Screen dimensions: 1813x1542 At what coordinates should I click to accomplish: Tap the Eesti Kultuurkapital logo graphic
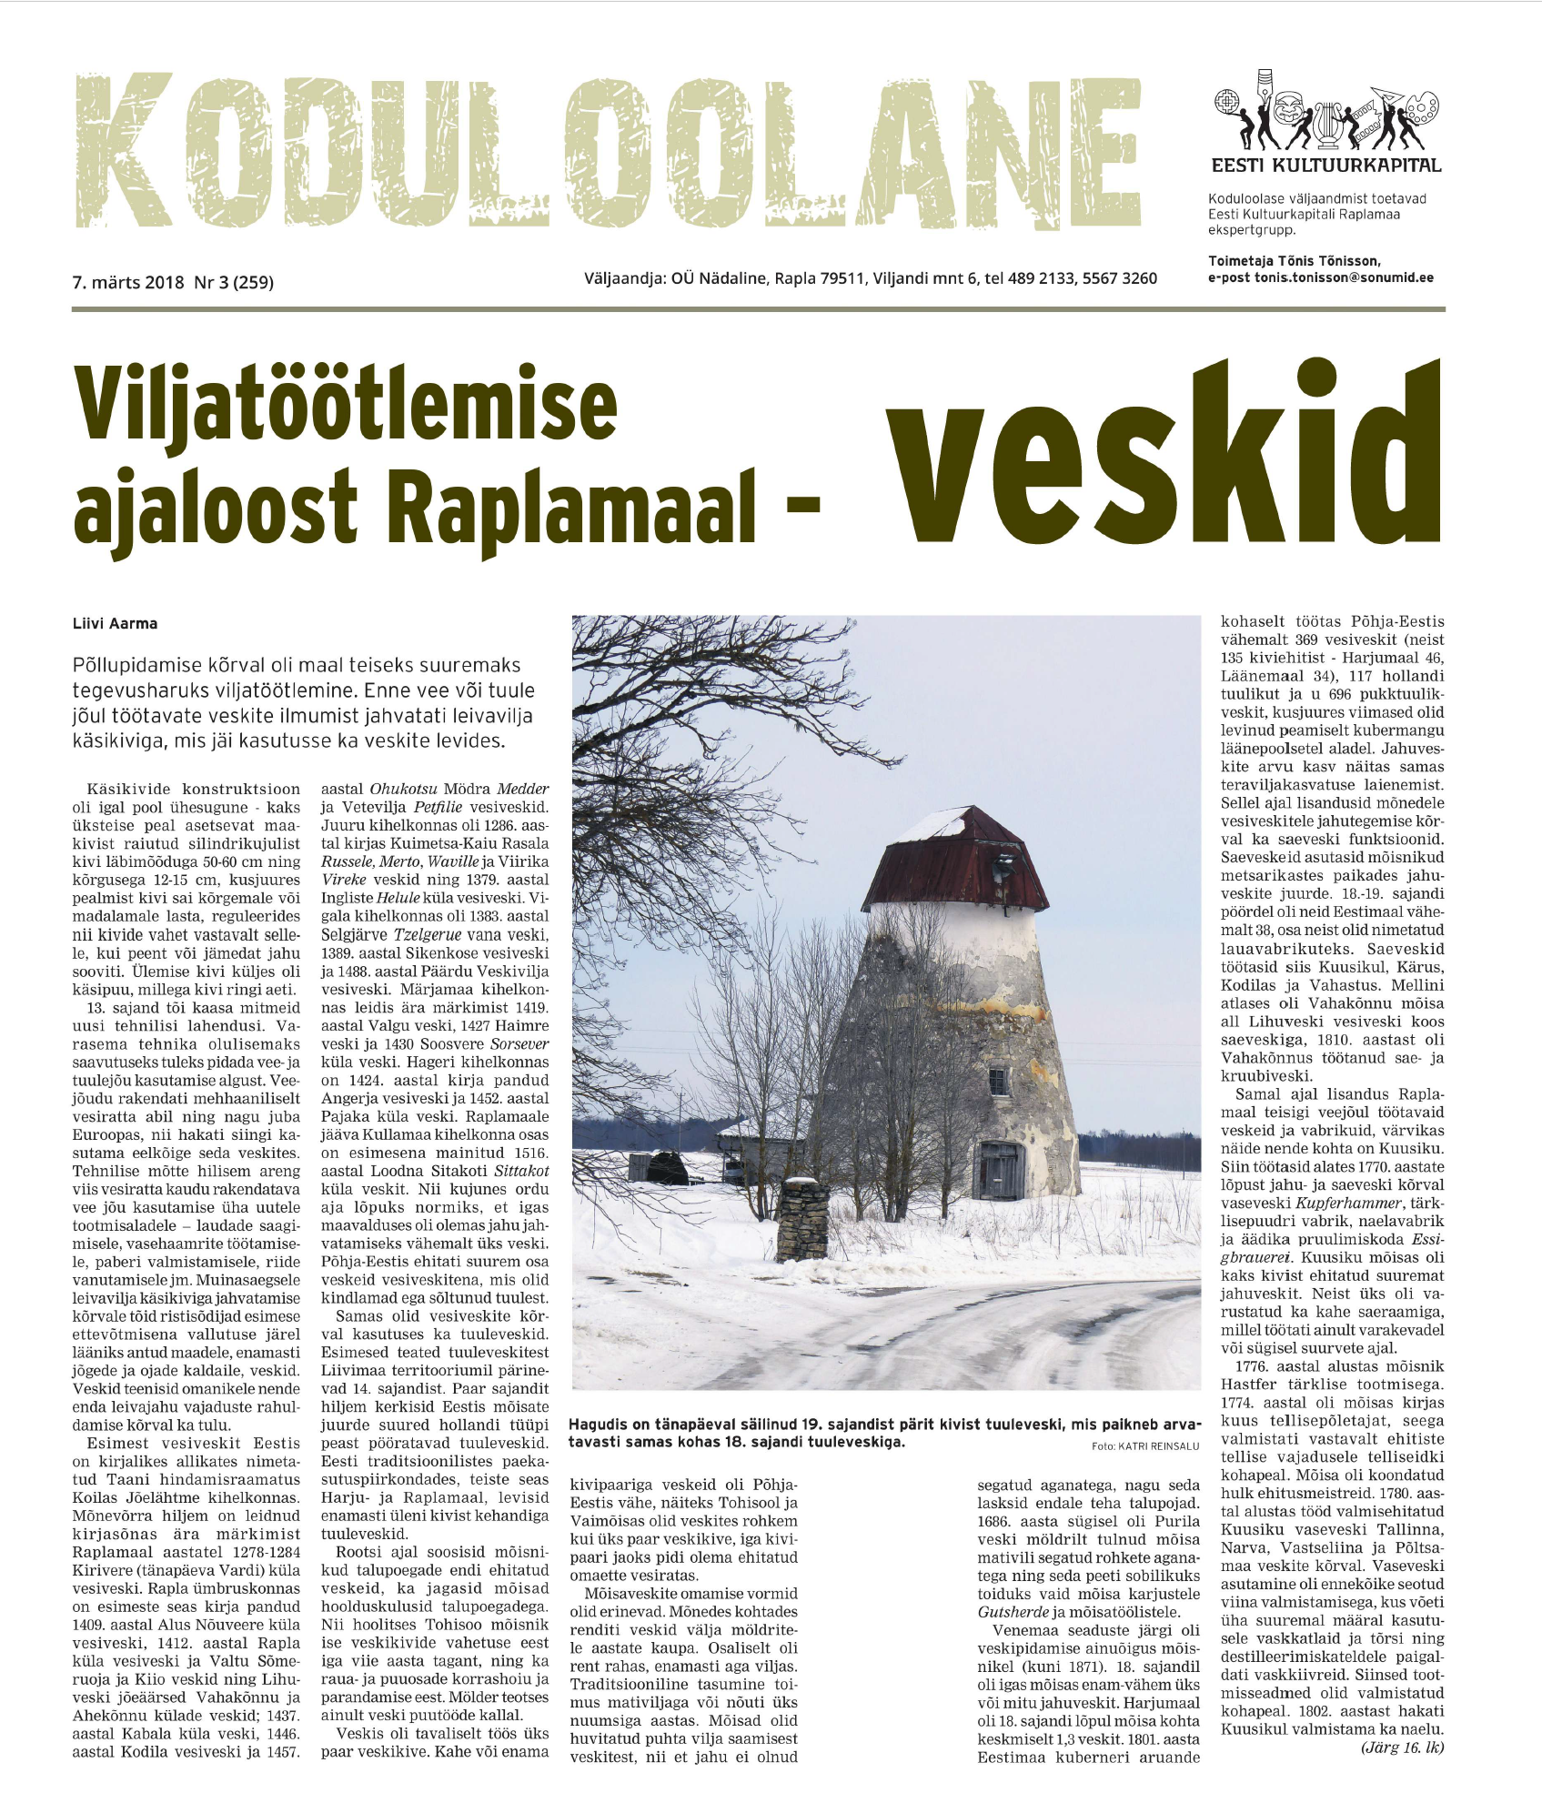(1326, 112)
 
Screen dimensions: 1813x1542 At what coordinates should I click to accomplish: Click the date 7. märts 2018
(128, 282)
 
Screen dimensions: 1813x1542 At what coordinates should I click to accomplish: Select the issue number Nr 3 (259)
(234, 282)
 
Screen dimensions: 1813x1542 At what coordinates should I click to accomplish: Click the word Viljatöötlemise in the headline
(346, 405)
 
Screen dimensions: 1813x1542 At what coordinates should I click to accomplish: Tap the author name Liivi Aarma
(115, 624)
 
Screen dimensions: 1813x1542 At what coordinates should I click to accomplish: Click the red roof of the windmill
(954, 859)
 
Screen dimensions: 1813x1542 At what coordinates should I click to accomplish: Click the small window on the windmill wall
(998, 1081)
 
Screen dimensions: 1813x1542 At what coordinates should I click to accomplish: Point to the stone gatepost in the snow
(804, 1218)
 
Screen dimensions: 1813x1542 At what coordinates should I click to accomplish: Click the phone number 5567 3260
(1120, 278)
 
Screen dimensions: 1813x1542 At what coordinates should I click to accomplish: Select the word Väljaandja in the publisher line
(624, 278)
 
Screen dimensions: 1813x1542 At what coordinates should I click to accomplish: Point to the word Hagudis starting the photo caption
(601, 1424)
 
